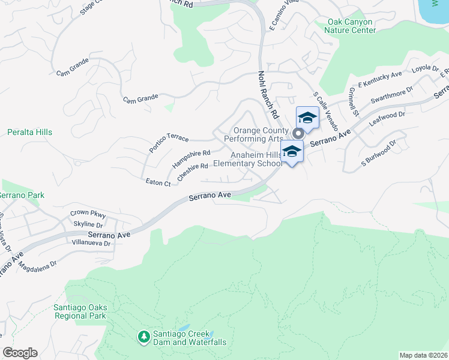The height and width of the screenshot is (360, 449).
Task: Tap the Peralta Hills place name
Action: click(30, 132)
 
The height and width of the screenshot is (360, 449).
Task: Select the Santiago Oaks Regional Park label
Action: click(79, 311)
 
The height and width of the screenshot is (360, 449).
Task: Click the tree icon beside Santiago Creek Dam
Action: click(143, 337)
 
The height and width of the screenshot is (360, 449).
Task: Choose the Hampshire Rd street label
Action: click(191, 159)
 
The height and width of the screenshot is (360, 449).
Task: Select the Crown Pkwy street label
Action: click(88, 213)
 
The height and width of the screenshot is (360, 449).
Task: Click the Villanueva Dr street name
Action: click(91, 244)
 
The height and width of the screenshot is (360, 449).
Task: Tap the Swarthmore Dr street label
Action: click(392, 97)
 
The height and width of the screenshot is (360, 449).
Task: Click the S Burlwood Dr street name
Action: click(379, 153)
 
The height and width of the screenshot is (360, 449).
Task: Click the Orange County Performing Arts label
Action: click(258, 134)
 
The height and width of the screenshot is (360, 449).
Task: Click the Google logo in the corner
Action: click(20, 353)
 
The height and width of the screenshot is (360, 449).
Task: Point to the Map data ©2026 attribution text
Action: click(423, 355)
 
